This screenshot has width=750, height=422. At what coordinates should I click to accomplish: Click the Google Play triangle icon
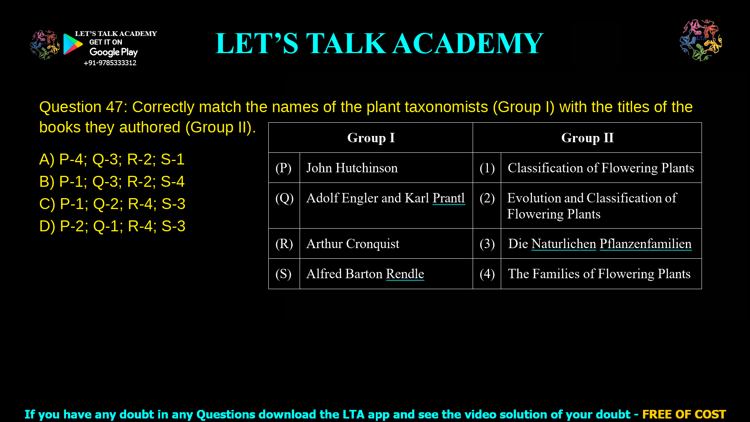coord(73,44)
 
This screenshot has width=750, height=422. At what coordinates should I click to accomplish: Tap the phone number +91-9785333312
coord(110,63)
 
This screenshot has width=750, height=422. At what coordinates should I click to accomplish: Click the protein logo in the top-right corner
coord(701,40)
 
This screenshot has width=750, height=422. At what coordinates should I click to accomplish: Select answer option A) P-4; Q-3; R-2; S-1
coord(112,159)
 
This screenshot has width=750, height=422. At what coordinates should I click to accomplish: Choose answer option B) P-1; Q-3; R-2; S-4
coord(112,182)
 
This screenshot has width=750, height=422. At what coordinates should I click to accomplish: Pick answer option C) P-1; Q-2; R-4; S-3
coord(112,204)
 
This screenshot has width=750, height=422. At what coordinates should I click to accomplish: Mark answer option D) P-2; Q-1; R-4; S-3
coord(112,226)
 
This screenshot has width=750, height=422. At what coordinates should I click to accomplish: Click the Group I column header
coord(371,138)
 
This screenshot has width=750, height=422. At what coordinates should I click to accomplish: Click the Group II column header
coord(587,138)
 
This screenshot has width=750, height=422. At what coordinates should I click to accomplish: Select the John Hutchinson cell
coord(352,168)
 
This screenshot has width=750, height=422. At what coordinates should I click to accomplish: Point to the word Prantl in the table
coord(448,198)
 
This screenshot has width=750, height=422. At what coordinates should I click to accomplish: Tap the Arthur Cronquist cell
coord(353,244)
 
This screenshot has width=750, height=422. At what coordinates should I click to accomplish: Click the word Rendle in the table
coord(405,274)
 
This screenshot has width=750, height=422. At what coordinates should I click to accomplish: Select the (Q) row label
coord(284,198)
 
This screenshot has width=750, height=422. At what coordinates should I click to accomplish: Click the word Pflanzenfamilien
coord(645,244)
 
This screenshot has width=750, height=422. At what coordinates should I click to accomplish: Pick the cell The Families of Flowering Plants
coord(599,274)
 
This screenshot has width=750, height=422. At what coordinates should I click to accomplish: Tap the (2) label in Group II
coord(487,198)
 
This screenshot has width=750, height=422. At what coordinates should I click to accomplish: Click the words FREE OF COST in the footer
coord(684,414)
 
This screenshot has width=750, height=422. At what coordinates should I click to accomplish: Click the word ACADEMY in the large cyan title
coord(468,43)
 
